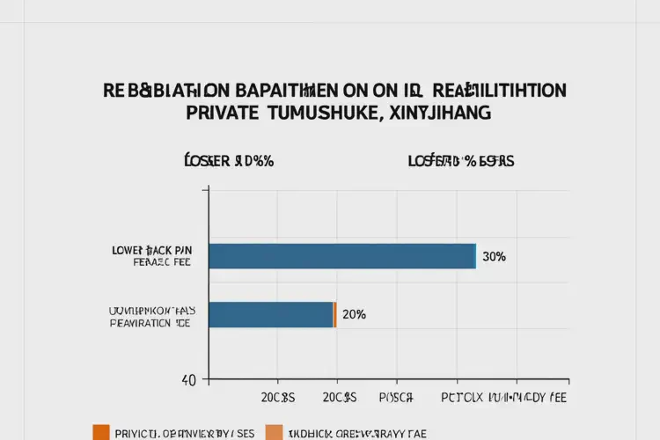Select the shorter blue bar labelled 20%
270,314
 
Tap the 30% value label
494,257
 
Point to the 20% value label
354,314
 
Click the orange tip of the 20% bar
334,314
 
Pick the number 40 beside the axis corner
188,380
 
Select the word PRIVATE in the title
222,113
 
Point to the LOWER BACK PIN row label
150,251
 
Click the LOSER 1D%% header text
229,161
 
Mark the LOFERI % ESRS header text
461,161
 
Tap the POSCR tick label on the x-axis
396,398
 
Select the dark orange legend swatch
101,432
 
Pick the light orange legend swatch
275,432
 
